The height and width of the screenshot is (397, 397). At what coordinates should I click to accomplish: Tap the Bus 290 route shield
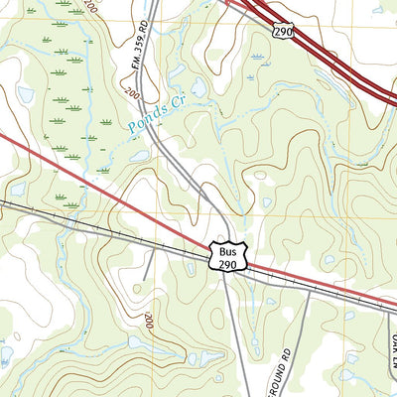[x=223, y=255]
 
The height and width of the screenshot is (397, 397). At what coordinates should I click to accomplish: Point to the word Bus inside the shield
[x=223, y=248]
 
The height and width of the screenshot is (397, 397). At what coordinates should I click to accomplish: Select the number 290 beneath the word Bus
[x=223, y=262]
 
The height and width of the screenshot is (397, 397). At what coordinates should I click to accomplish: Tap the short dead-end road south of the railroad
[x=148, y=266]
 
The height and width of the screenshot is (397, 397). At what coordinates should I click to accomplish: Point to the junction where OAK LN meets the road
[x=382, y=311]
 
